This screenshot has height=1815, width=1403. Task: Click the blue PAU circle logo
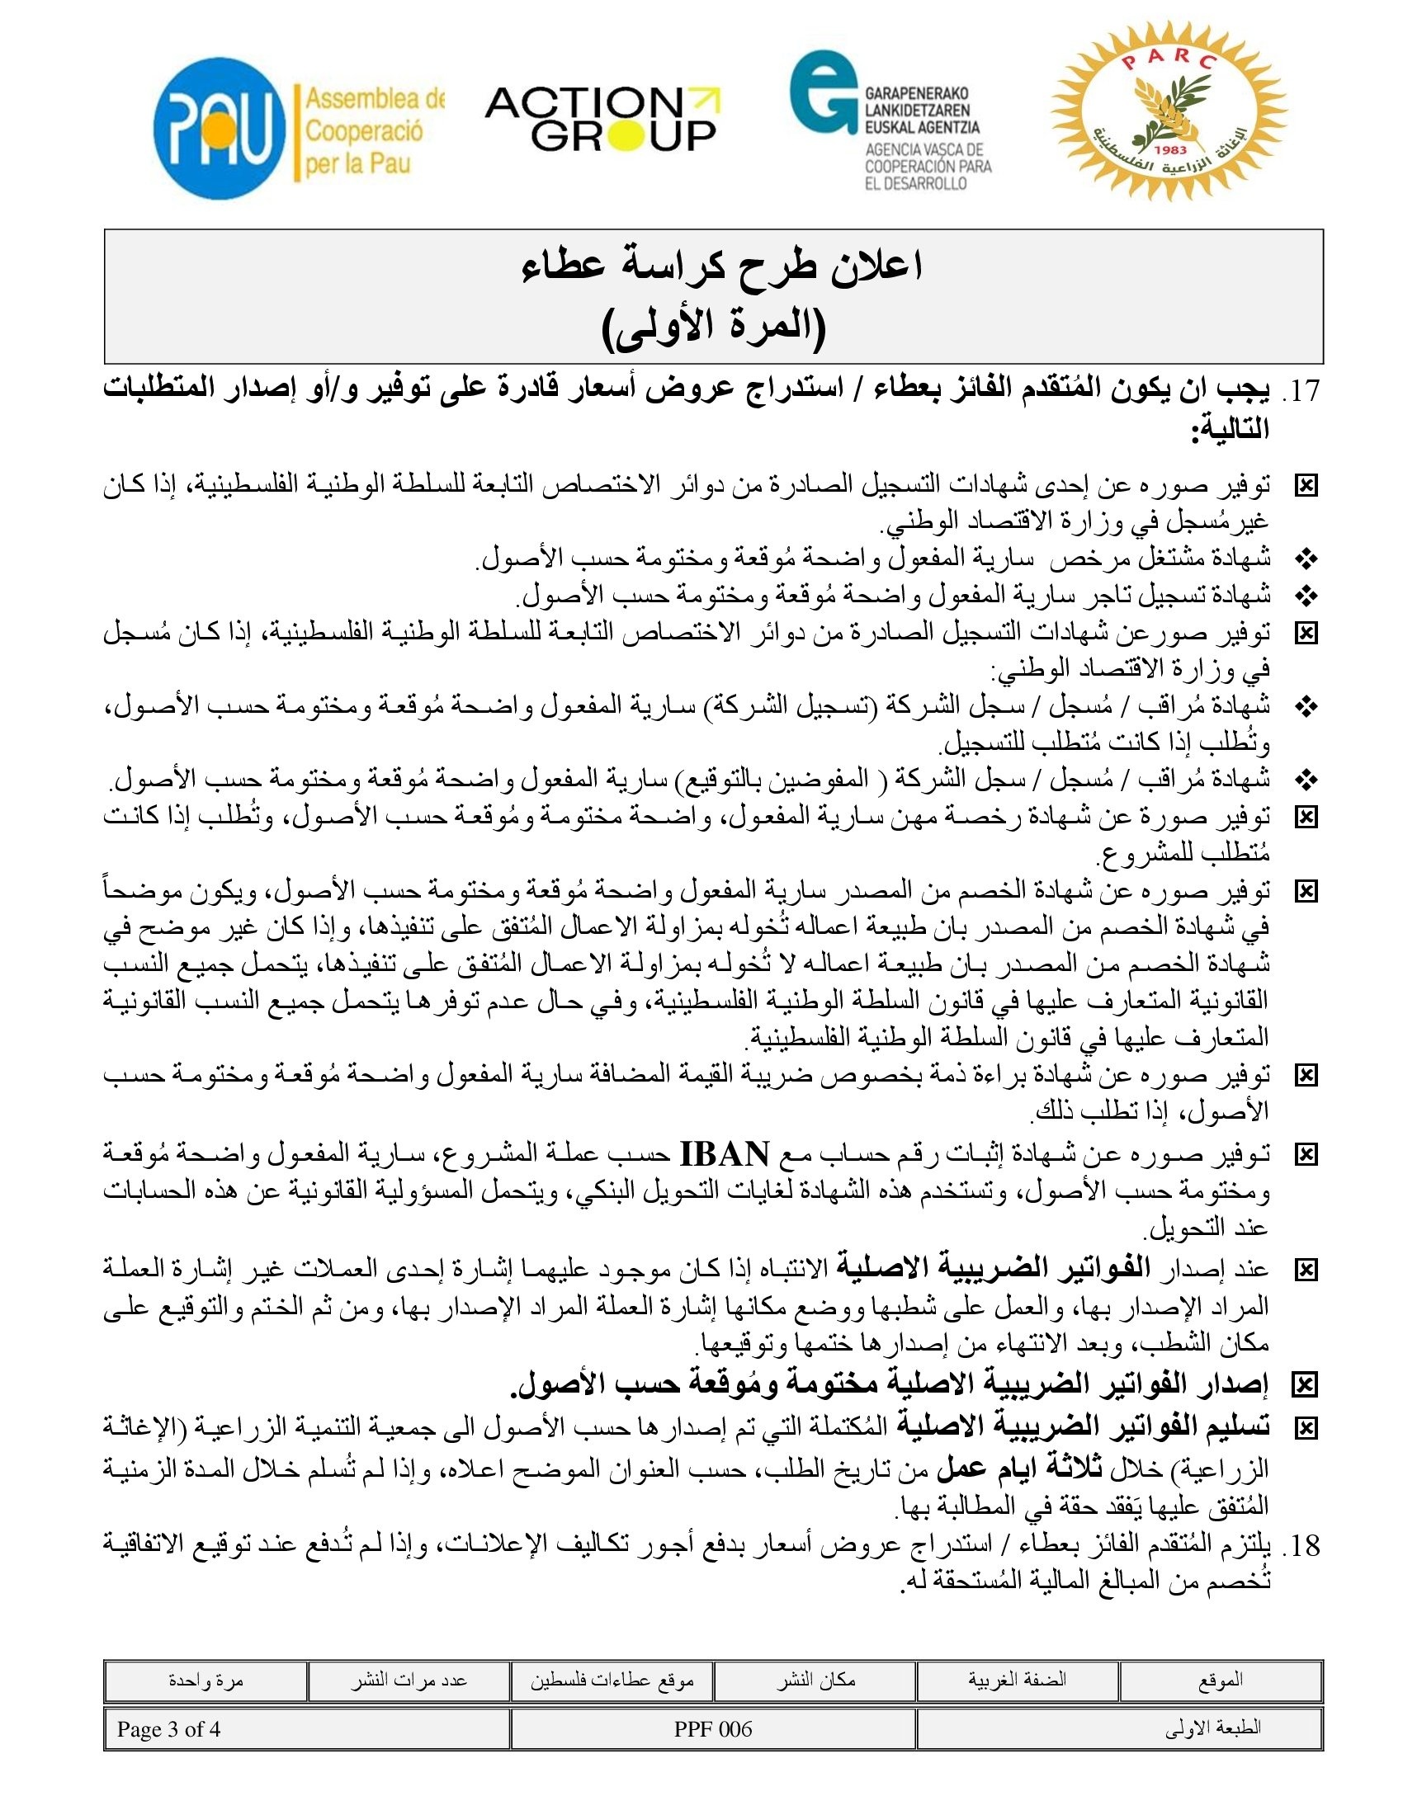(x=219, y=128)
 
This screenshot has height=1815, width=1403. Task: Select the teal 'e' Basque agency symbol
(x=822, y=92)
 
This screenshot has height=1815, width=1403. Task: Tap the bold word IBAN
(x=724, y=1154)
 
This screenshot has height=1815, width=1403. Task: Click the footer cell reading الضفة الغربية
(x=1017, y=1681)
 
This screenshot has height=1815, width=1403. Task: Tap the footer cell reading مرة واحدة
(x=205, y=1681)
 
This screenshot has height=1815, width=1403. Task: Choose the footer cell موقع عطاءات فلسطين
(x=612, y=1681)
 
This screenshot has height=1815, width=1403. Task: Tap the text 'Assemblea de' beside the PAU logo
(x=374, y=100)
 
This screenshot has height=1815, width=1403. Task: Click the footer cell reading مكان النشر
(x=815, y=1681)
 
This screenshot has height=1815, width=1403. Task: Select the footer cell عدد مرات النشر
(x=408, y=1681)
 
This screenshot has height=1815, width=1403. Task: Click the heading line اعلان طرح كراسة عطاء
(x=721, y=266)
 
